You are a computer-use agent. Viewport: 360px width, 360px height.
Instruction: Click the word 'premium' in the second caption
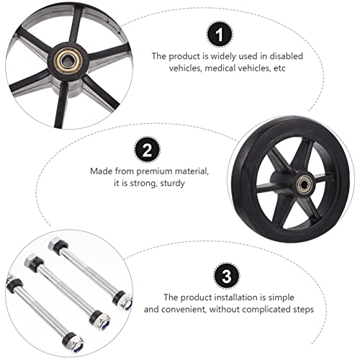click(x=155, y=171)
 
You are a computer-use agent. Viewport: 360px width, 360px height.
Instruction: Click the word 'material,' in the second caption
click(x=191, y=171)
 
